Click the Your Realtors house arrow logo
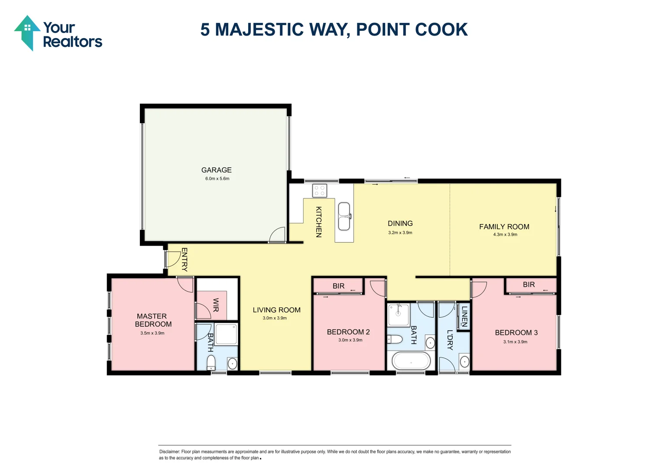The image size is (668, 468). click(27, 33)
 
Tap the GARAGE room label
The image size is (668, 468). click(216, 170)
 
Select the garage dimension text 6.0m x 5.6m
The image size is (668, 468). click(217, 179)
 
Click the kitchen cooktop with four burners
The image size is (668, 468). click(320, 191)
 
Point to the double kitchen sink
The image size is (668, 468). click(344, 216)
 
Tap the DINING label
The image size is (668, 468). click(400, 224)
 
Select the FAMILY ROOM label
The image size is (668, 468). click(504, 227)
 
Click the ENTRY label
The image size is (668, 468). click(184, 259)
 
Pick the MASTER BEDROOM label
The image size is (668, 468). click(152, 320)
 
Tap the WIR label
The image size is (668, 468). click(216, 305)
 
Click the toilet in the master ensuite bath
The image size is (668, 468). click(211, 362)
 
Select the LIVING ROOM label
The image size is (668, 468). click(276, 310)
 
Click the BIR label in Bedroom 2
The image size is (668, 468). click(338, 286)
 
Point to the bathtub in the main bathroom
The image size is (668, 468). click(411, 361)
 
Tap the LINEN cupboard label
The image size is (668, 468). click(464, 316)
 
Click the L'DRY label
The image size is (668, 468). click(450, 340)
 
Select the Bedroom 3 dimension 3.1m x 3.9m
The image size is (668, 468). click(515, 342)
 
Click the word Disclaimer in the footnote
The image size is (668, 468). click(169, 452)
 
